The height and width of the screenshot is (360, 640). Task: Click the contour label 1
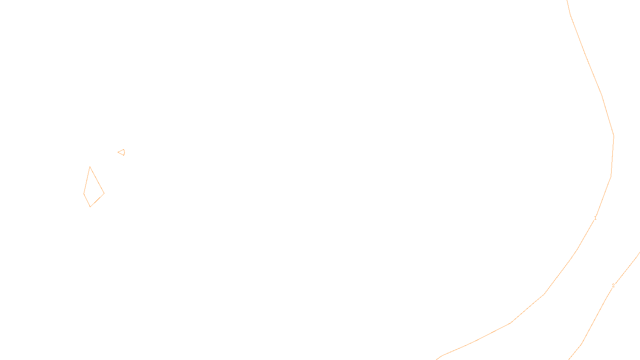(595, 218)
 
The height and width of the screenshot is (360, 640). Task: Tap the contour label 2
(613, 286)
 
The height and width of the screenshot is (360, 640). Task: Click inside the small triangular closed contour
(122, 152)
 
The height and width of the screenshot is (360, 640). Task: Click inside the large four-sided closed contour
(92, 190)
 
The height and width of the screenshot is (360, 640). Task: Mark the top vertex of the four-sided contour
(90, 167)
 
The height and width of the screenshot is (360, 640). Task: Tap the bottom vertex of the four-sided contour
(90, 207)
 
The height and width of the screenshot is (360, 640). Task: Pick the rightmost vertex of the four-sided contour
(104, 194)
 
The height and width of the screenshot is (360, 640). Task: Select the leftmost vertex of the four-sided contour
(84, 194)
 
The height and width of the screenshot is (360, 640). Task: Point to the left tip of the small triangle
(118, 152)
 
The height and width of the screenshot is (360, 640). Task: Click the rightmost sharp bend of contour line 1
(614, 136)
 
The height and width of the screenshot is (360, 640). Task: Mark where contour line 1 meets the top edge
(567, 0)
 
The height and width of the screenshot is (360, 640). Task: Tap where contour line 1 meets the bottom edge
(437, 359)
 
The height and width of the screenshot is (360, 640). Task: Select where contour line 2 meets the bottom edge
(569, 359)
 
